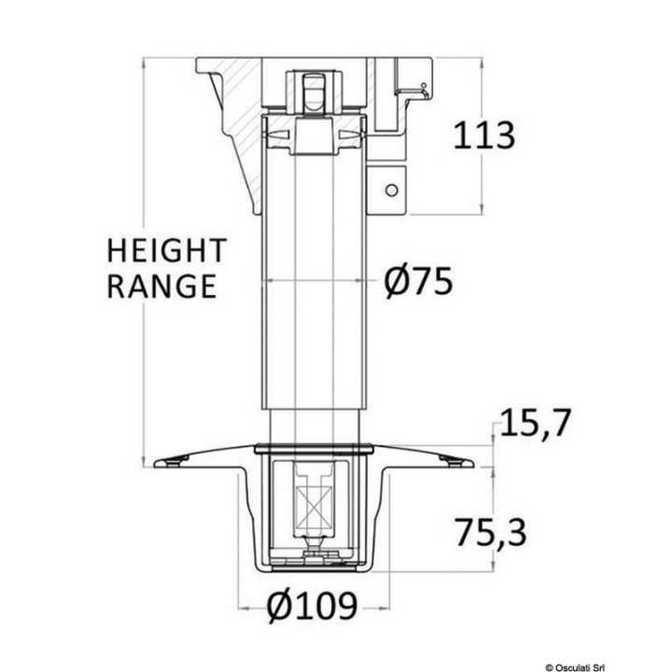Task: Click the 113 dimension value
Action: point(483,136)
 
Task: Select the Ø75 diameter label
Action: point(418,281)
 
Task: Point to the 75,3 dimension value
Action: point(491,533)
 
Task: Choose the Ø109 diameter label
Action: point(313,608)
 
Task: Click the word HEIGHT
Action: point(166,251)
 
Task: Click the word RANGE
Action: point(161,287)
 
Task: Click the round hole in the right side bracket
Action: point(391,190)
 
